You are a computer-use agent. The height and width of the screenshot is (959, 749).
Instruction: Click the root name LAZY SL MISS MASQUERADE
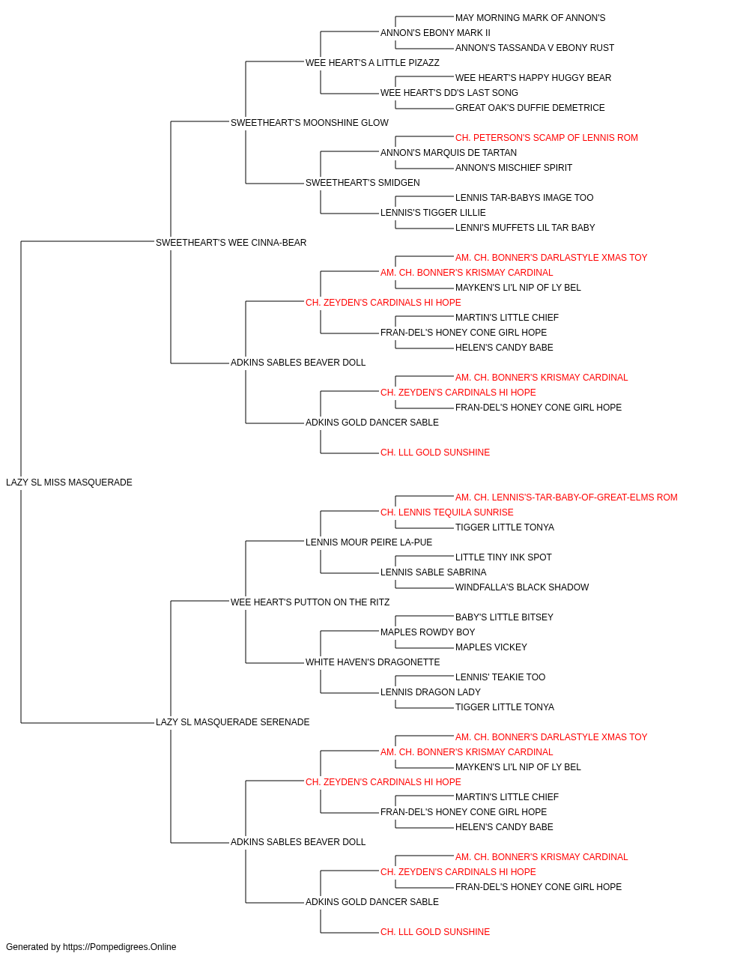click(69, 482)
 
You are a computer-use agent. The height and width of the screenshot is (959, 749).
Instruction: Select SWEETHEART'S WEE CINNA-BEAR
click(231, 243)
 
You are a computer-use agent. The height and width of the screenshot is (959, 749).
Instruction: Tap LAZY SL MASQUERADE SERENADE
click(232, 722)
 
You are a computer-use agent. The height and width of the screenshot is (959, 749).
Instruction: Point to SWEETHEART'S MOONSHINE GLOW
click(309, 123)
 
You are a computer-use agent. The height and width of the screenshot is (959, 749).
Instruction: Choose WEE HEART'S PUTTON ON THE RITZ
click(310, 602)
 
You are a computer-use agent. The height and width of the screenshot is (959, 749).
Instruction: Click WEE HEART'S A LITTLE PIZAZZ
click(372, 63)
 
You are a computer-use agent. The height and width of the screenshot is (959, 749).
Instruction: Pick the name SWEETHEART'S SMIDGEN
click(363, 183)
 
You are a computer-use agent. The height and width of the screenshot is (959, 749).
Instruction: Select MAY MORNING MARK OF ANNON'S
click(530, 18)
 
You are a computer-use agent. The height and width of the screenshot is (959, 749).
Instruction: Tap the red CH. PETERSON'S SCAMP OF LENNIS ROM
click(547, 138)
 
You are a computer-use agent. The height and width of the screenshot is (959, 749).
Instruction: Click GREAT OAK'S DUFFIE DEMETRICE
click(530, 108)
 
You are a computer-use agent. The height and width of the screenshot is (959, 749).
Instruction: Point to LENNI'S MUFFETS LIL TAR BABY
click(525, 228)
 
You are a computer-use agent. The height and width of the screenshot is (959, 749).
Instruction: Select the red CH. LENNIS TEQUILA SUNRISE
click(447, 512)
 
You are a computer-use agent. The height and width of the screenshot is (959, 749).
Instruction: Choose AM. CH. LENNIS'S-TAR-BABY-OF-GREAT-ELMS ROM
click(566, 497)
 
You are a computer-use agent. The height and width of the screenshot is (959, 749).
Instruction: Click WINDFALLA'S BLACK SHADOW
click(522, 587)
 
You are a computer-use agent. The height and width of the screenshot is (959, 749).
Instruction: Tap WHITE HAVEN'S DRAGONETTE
click(373, 662)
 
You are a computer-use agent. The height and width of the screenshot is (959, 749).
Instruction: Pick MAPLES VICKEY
click(491, 647)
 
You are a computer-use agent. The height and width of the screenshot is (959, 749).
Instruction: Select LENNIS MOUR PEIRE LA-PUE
click(369, 542)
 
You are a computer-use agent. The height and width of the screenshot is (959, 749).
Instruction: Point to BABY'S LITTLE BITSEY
click(504, 617)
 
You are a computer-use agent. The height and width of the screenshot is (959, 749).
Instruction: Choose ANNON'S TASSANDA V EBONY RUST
click(535, 48)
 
